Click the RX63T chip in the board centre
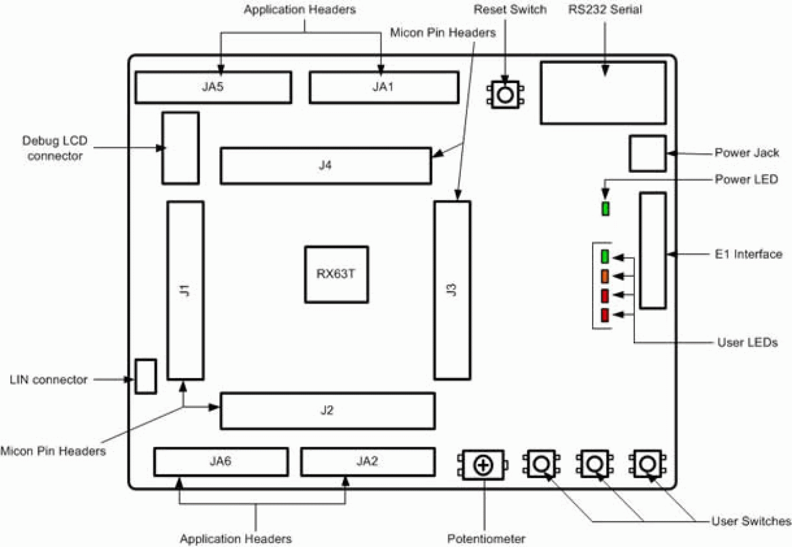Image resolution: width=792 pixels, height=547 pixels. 337,274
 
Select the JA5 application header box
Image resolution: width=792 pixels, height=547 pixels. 213,87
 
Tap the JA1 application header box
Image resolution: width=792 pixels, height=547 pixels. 384,87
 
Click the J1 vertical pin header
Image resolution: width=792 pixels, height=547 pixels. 185,290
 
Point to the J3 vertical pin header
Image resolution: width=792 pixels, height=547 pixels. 452,290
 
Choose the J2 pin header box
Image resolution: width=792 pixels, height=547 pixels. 327,410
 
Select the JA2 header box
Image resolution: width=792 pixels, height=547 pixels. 368,461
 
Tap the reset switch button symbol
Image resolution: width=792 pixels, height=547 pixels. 505,94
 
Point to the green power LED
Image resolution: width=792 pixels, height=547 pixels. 605,209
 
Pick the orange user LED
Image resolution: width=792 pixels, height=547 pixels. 605,276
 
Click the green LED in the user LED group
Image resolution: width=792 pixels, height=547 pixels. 605,256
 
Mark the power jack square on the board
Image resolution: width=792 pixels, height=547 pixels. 648,153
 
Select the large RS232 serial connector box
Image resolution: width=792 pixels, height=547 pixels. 603,93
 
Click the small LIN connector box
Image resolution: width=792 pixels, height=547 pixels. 146,377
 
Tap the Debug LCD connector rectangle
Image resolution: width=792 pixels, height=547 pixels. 180,148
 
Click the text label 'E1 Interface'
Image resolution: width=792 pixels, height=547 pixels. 749,254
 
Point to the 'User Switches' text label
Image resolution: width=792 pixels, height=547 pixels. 750,521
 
